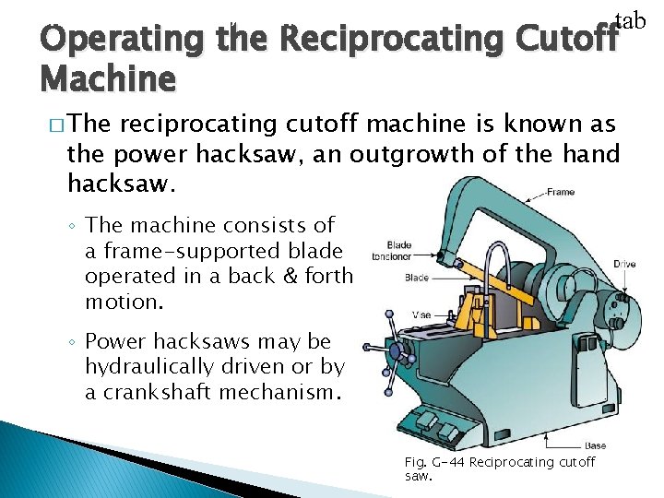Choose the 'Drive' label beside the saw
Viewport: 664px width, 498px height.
point(624,265)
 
